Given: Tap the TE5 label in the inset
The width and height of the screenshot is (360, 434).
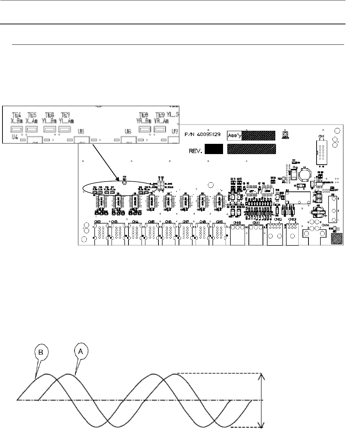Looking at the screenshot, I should tap(32, 115).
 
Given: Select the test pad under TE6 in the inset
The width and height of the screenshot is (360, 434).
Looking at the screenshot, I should tap(49, 129).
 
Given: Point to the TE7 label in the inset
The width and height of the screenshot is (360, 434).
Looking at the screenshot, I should tap(65, 115).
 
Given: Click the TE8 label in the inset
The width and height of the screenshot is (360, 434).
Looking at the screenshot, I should tap(144, 115).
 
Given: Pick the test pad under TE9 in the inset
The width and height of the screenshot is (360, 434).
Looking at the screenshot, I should tap(160, 130).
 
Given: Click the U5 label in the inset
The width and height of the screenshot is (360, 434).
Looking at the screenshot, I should tap(81, 132).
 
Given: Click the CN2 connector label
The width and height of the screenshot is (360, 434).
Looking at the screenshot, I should tap(98, 222).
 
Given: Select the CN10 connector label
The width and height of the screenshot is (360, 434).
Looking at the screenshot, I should tap(237, 222).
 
